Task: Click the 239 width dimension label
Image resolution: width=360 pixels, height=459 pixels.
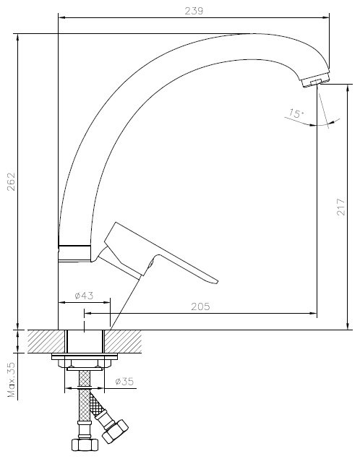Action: pyautogui.click(x=194, y=11)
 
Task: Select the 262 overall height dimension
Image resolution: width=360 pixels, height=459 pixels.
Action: pyautogui.click(x=11, y=181)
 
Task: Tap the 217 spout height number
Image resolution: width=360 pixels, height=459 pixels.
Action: pyautogui.click(x=340, y=207)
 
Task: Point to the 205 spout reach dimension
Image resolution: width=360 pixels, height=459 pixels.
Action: pyautogui.click(x=200, y=306)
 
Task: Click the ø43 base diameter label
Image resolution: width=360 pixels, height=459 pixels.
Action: pyautogui.click(x=84, y=296)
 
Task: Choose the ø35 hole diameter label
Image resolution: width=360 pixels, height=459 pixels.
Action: pyautogui.click(x=124, y=382)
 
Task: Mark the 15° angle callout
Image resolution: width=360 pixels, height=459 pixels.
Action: pyautogui.click(x=296, y=113)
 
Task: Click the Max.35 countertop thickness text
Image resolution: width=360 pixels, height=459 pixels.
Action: pyautogui.click(x=12, y=379)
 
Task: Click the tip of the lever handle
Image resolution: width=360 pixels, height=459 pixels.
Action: pyautogui.click(x=216, y=282)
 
